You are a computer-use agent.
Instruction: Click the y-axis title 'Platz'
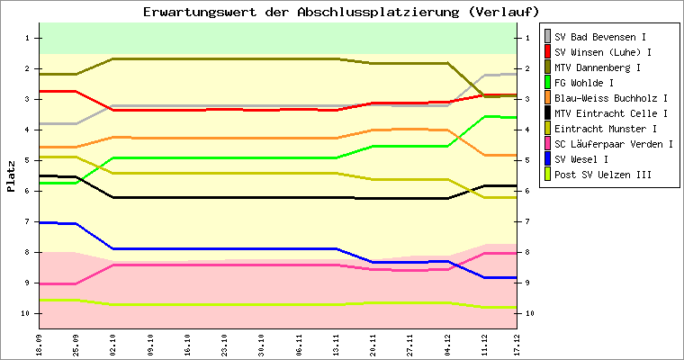pyautogui.click(x=12, y=176)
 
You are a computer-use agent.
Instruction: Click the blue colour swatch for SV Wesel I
pyautogui.click(x=547, y=159)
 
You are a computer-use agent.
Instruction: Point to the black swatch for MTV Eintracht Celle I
pyautogui.click(x=547, y=113)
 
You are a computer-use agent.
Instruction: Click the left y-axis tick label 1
pyautogui.click(x=29, y=38)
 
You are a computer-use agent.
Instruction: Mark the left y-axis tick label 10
pyautogui.click(x=27, y=313)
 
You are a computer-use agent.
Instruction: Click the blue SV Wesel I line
pyautogui.click(x=225, y=248)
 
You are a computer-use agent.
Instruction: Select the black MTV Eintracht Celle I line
pyautogui.click(x=225, y=197)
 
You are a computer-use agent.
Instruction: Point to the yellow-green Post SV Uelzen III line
pyautogui.click(x=225, y=304)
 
